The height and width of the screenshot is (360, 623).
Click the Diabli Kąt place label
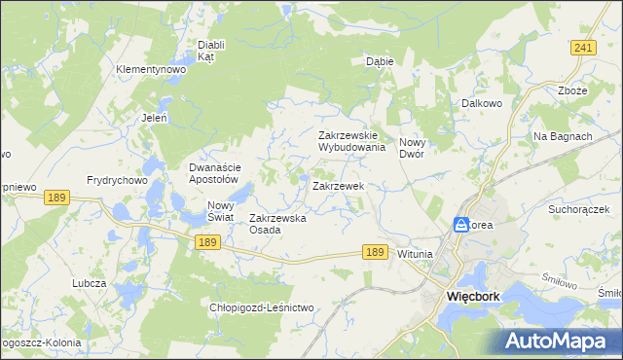(211, 51)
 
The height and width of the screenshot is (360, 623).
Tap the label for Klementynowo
(151, 70)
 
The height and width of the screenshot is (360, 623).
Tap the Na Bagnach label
(563, 136)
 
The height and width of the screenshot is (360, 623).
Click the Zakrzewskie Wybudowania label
(353, 141)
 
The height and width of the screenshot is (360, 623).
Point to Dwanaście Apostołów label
(213, 173)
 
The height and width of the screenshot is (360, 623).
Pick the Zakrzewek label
(338, 185)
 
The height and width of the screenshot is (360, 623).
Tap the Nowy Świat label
(221, 211)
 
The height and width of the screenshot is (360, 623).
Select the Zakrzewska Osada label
(278, 224)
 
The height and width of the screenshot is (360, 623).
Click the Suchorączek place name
(577, 209)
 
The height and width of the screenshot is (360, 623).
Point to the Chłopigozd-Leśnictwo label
(262, 307)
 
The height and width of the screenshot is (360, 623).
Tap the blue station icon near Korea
(460, 225)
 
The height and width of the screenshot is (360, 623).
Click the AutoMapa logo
(560, 341)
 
